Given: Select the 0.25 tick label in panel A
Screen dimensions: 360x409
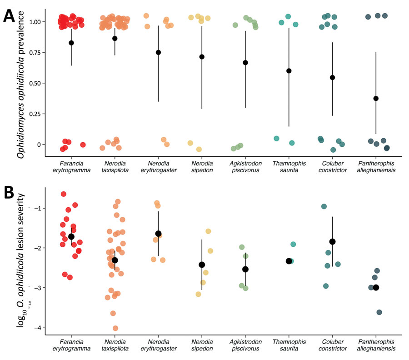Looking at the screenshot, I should [34, 114].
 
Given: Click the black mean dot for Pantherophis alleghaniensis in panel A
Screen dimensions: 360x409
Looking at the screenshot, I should [376, 98].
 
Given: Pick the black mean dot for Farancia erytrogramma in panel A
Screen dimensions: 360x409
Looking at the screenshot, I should [71, 43].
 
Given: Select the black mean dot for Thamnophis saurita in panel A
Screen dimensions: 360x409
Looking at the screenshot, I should [289, 71].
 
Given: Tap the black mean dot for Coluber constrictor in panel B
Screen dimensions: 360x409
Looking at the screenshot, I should [332, 241].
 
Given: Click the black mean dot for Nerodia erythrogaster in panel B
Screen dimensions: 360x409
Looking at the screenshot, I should [158, 234].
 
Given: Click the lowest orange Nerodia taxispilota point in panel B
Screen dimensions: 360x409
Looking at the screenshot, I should [115, 328].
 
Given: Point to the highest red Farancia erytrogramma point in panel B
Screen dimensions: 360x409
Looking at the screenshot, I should [64, 194].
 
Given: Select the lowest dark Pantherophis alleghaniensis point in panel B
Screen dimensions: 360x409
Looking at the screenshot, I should [379, 312].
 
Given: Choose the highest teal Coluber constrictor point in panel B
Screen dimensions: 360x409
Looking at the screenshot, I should [324, 206].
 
